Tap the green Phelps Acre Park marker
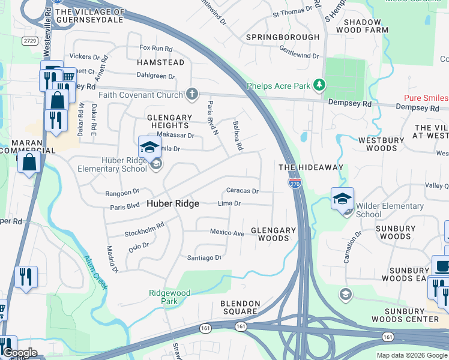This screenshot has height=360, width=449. tap(320, 85)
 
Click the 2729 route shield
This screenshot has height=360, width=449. tap(29, 40)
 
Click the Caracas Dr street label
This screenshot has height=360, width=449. tap(242, 191)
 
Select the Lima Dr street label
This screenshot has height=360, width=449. tap(229, 203)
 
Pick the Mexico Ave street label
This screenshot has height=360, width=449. tap(227, 232)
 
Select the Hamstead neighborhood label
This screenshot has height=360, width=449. tap(160, 62)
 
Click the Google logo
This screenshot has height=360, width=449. tap(19, 353)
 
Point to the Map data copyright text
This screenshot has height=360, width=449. tap(412, 355)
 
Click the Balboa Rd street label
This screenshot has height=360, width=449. tap(237, 136)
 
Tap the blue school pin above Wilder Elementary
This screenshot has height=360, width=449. tap(342, 199)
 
